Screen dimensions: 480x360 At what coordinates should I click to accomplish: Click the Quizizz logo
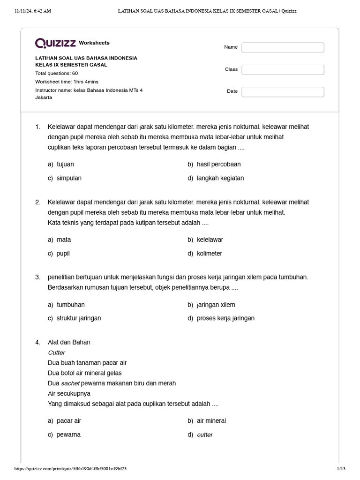56,43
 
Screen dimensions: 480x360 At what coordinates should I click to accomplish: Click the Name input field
283,47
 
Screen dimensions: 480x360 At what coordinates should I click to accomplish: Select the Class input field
283,69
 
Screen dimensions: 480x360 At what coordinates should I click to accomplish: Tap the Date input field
283,91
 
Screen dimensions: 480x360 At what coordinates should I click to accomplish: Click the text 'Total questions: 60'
57,74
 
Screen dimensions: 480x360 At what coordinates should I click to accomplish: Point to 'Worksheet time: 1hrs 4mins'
67,82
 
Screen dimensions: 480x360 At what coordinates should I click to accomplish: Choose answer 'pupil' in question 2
63,254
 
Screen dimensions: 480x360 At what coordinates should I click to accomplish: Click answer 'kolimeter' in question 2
209,254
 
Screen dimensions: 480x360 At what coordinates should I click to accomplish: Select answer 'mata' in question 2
63,240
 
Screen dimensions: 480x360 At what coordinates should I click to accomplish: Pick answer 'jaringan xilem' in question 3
216,305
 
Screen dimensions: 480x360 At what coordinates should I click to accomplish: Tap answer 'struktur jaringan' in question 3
78,318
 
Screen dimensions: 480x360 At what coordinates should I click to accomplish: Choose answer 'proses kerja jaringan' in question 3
225,318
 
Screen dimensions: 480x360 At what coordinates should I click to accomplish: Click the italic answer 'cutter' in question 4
205,435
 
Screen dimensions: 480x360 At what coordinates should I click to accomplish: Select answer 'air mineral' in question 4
211,421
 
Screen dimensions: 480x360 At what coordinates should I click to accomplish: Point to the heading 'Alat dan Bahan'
69,342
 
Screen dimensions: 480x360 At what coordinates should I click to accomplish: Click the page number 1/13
341,468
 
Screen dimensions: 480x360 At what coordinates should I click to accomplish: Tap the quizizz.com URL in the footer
70,468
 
